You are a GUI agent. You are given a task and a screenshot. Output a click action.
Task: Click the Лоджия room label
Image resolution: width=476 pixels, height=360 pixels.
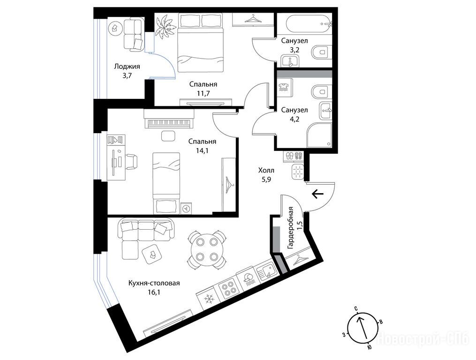tap(127, 67)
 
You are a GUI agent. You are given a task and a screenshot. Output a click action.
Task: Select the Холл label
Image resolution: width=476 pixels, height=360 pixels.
tap(266, 170)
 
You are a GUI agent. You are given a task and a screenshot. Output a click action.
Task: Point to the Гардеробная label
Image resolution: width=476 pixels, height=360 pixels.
tap(290, 228)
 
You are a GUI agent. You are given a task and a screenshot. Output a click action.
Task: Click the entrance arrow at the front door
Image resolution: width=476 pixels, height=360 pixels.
tap(318, 193)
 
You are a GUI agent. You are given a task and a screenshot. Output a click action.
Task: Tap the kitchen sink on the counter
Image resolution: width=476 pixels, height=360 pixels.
tap(266, 271)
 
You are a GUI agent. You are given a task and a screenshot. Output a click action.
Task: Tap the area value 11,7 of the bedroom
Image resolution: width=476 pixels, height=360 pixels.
tap(203, 93)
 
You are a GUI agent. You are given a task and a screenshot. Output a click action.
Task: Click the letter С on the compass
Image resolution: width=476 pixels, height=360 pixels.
tap(356, 308)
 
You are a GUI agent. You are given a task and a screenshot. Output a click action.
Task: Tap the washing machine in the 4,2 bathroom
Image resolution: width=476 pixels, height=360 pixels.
tap(285, 88)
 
